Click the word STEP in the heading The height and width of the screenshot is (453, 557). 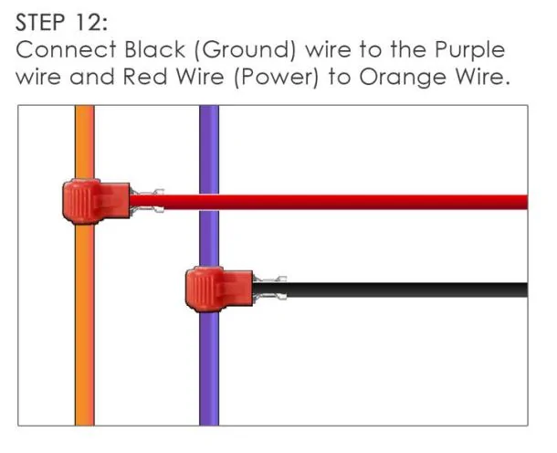pyautogui.click(x=40, y=23)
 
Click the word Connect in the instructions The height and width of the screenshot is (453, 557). pyautogui.click(x=66, y=49)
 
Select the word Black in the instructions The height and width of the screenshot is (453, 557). pyautogui.click(x=154, y=49)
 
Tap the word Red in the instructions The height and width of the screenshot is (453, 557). pyautogui.click(x=145, y=77)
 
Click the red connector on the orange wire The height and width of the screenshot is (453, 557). pyautogui.click(x=96, y=202)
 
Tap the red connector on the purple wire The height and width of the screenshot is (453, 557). pyautogui.click(x=219, y=290)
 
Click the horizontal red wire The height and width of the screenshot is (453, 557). pyautogui.click(x=329, y=202)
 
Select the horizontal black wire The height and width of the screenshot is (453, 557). pyautogui.click(x=390, y=290)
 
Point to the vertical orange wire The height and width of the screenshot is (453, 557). pyautogui.click(x=85, y=320)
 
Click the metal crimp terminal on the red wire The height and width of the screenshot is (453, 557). pyautogui.click(x=147, y=202)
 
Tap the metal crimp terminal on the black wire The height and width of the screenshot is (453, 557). pyautogui.click(x=270, y=289)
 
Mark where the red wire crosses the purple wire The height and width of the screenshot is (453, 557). pyautogui.click(x=209, y=202)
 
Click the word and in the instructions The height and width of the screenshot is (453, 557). pyautogui.click(x=91, y=77)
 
